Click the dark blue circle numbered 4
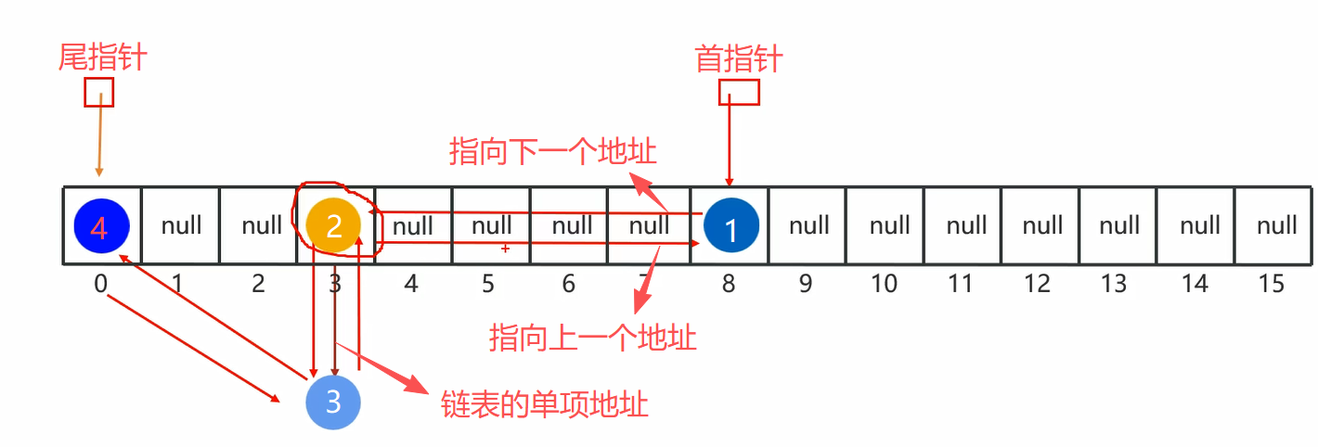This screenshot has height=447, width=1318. (x=100, y=225)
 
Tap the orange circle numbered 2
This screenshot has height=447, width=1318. (x=335, y=224)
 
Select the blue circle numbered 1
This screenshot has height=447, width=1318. (x=730, y=226)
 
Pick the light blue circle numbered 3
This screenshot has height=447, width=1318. (x=333, y=402)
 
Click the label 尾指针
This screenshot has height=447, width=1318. (x=103, y=57)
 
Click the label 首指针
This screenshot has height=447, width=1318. (x=739, y=59)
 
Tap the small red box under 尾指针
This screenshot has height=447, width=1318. (x=98, y=92)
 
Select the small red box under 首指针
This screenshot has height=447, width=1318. (x=740, y=92)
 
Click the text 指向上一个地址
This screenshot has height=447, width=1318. (x=593, y=338)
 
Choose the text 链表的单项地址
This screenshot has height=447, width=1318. (x=545, y=405)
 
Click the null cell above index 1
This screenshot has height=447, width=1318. (x=181, y=225)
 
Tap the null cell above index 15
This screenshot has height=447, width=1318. (x=1276, y=225)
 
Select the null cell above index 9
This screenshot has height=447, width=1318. (x=809, y=225)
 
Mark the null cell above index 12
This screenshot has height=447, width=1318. (x=1042, y=225)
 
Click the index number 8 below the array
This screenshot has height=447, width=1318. (x=729, y=283)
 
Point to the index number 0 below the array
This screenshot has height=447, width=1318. (x=100, y=283)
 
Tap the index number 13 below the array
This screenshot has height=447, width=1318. (x=1114, y=283)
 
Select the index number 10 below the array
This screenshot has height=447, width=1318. (x=884, y=283)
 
